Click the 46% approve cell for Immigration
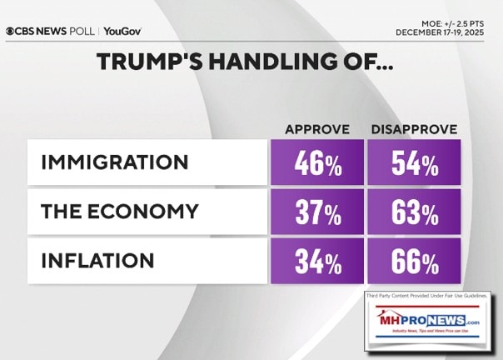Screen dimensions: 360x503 click(x=317, y=163)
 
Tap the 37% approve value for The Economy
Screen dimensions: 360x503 click(x=317, y=212)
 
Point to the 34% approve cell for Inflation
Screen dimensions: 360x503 click(x=317, y=262)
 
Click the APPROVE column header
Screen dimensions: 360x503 click(x=316, y=129)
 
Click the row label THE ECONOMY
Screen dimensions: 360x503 click(x=119, y=212)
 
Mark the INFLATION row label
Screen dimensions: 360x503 click(x=97, y=261)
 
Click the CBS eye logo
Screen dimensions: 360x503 click(x=11, y=31)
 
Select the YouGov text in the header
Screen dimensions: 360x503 click(x=122, y=31)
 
